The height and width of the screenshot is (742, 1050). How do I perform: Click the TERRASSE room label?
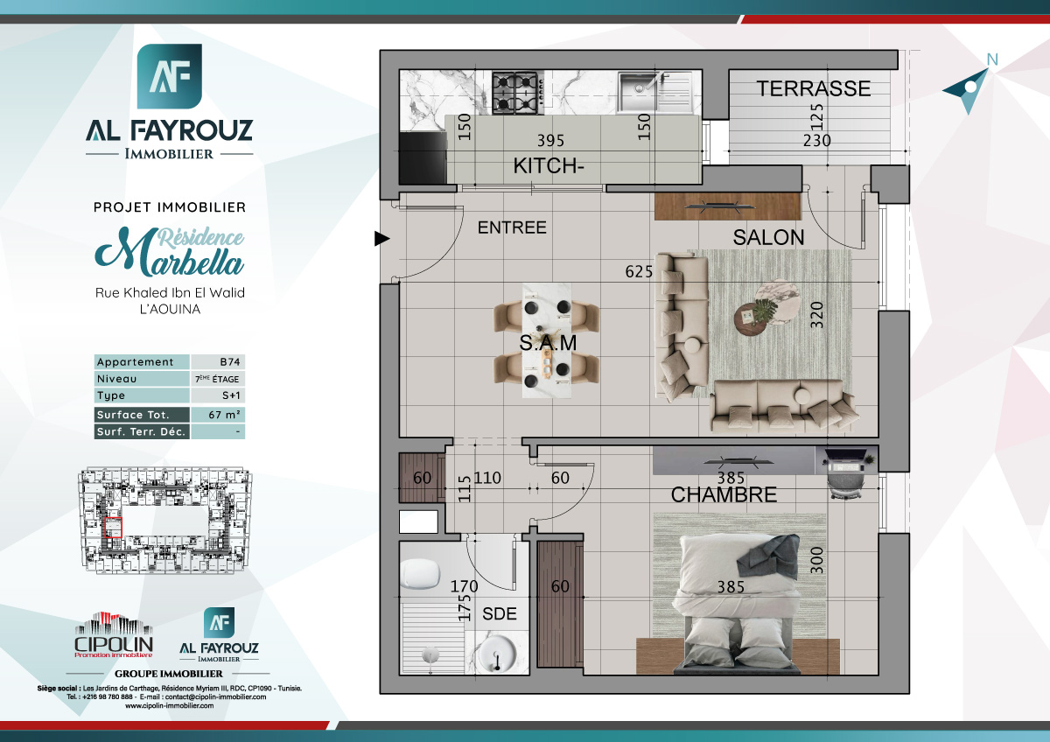pos(814,88)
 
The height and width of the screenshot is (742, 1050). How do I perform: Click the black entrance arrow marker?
pos(381,237)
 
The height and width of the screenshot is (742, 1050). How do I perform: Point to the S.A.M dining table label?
pos(549,344)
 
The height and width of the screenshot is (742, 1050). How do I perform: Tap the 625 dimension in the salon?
pos(639,271)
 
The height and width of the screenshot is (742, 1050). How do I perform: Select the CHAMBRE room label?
pos(724,494)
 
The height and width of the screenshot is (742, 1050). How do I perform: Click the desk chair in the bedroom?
pos(846,479)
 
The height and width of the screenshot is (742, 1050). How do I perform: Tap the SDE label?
pos(500,614)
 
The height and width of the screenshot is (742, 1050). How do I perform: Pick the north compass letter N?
pos(991,59)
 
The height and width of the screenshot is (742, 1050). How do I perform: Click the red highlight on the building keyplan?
pos(113,527)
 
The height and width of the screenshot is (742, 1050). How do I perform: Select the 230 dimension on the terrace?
pos(816,140)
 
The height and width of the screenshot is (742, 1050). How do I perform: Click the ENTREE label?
pos(512,227)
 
